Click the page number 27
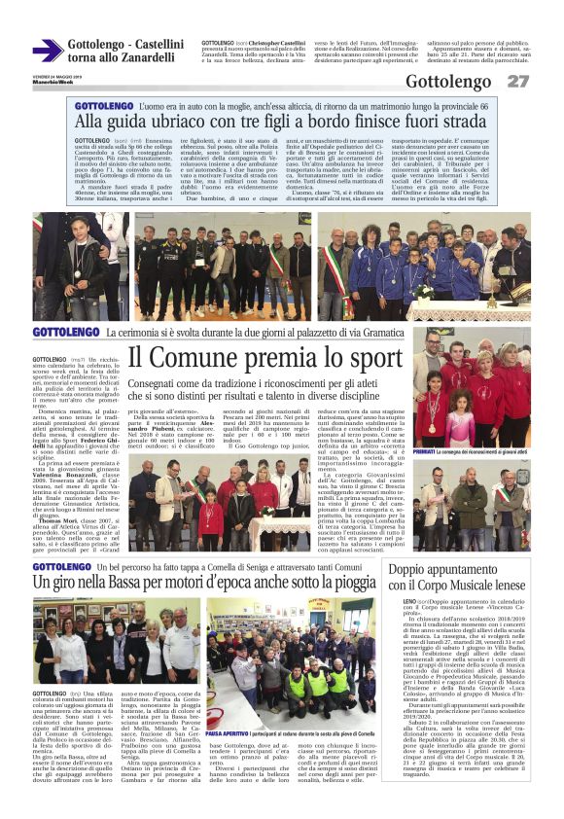(x=518, y=81)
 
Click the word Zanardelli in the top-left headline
(x=143, y=57)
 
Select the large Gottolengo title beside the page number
(x=448, y=82)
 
